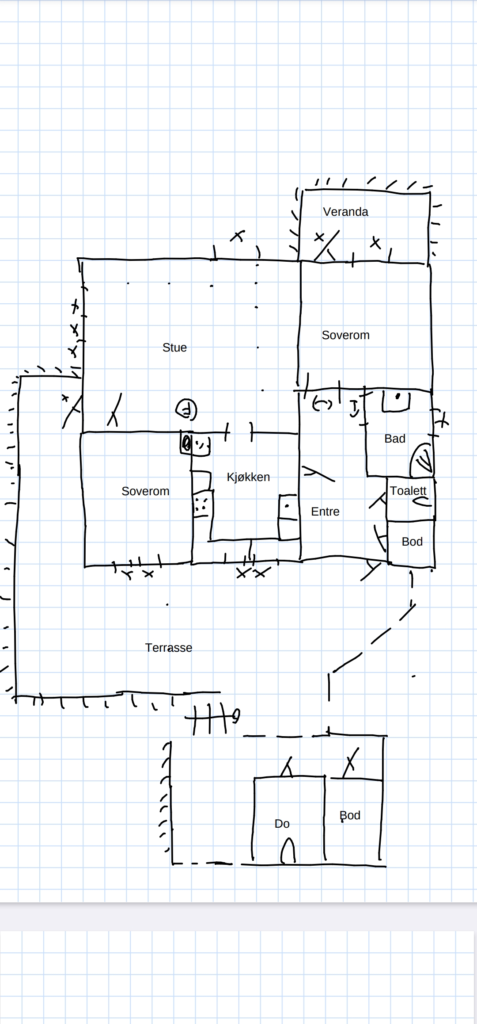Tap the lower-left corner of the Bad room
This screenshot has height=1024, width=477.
point(367,476)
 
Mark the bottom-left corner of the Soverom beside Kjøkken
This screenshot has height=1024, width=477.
point(85,566)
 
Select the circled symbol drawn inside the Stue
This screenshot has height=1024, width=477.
point(186,409)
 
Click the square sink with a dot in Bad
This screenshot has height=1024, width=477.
point(396,401)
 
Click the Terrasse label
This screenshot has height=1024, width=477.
point(169,648)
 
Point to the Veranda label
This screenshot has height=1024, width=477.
point(345,212)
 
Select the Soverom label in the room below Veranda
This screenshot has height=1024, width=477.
point(345,335)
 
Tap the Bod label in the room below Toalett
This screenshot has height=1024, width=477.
point(412,542)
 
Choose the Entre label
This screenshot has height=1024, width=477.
point(325,512)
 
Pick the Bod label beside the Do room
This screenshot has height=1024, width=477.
point(350,815)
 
